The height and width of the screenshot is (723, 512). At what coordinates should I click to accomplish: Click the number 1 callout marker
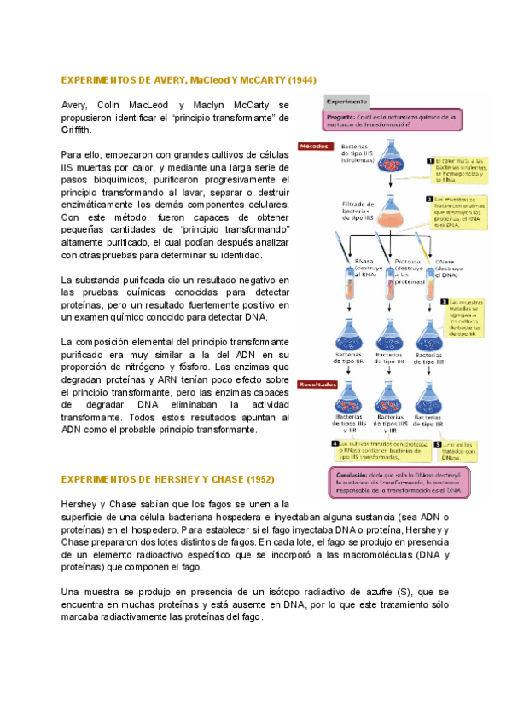point(430,160)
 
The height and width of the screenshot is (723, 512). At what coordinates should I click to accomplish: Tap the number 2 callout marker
point(430,199)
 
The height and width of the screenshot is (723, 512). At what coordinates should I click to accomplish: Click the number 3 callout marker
point(444,301)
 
